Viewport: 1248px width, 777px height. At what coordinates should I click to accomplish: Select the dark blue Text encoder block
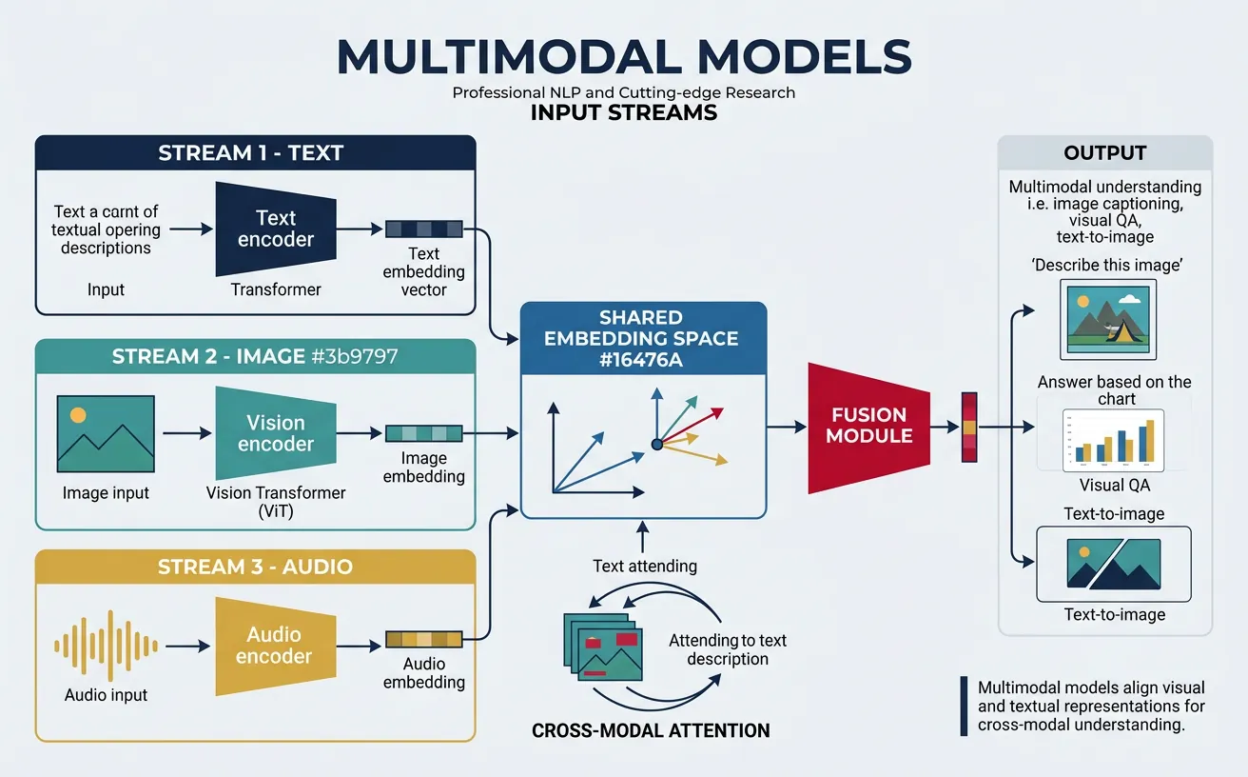pyautogui.click(x=276, y=229)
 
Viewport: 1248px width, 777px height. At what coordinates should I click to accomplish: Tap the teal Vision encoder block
pyautogui.click(x=276, y=433)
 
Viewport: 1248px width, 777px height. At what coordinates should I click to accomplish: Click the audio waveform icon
pyautogui.click(x=106, y=646)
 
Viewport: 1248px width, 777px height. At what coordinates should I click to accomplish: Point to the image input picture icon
pyautogui.click(x=106, y=433)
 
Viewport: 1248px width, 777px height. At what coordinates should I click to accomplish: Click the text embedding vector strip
pyautogui.click(x=423, y=229)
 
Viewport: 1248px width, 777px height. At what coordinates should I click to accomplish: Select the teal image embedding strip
pyautogui.click(x=423, y=433)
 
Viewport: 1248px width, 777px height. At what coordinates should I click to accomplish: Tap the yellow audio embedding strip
pyautogui.click(x=423, y=639)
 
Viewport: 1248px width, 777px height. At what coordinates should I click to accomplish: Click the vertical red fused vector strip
pyautogui.click(x=969, y=427)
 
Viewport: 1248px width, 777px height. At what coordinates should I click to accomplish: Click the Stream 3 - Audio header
pyautogui.click(x=255, y=567)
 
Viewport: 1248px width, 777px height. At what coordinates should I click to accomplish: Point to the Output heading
pyautogui.click(x=1104, y=153)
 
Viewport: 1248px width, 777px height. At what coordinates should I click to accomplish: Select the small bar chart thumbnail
pyautogui.click(x=1113, y=442)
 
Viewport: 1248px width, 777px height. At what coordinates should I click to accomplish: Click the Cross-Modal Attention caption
pyautogui.click(x=651, y=731)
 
